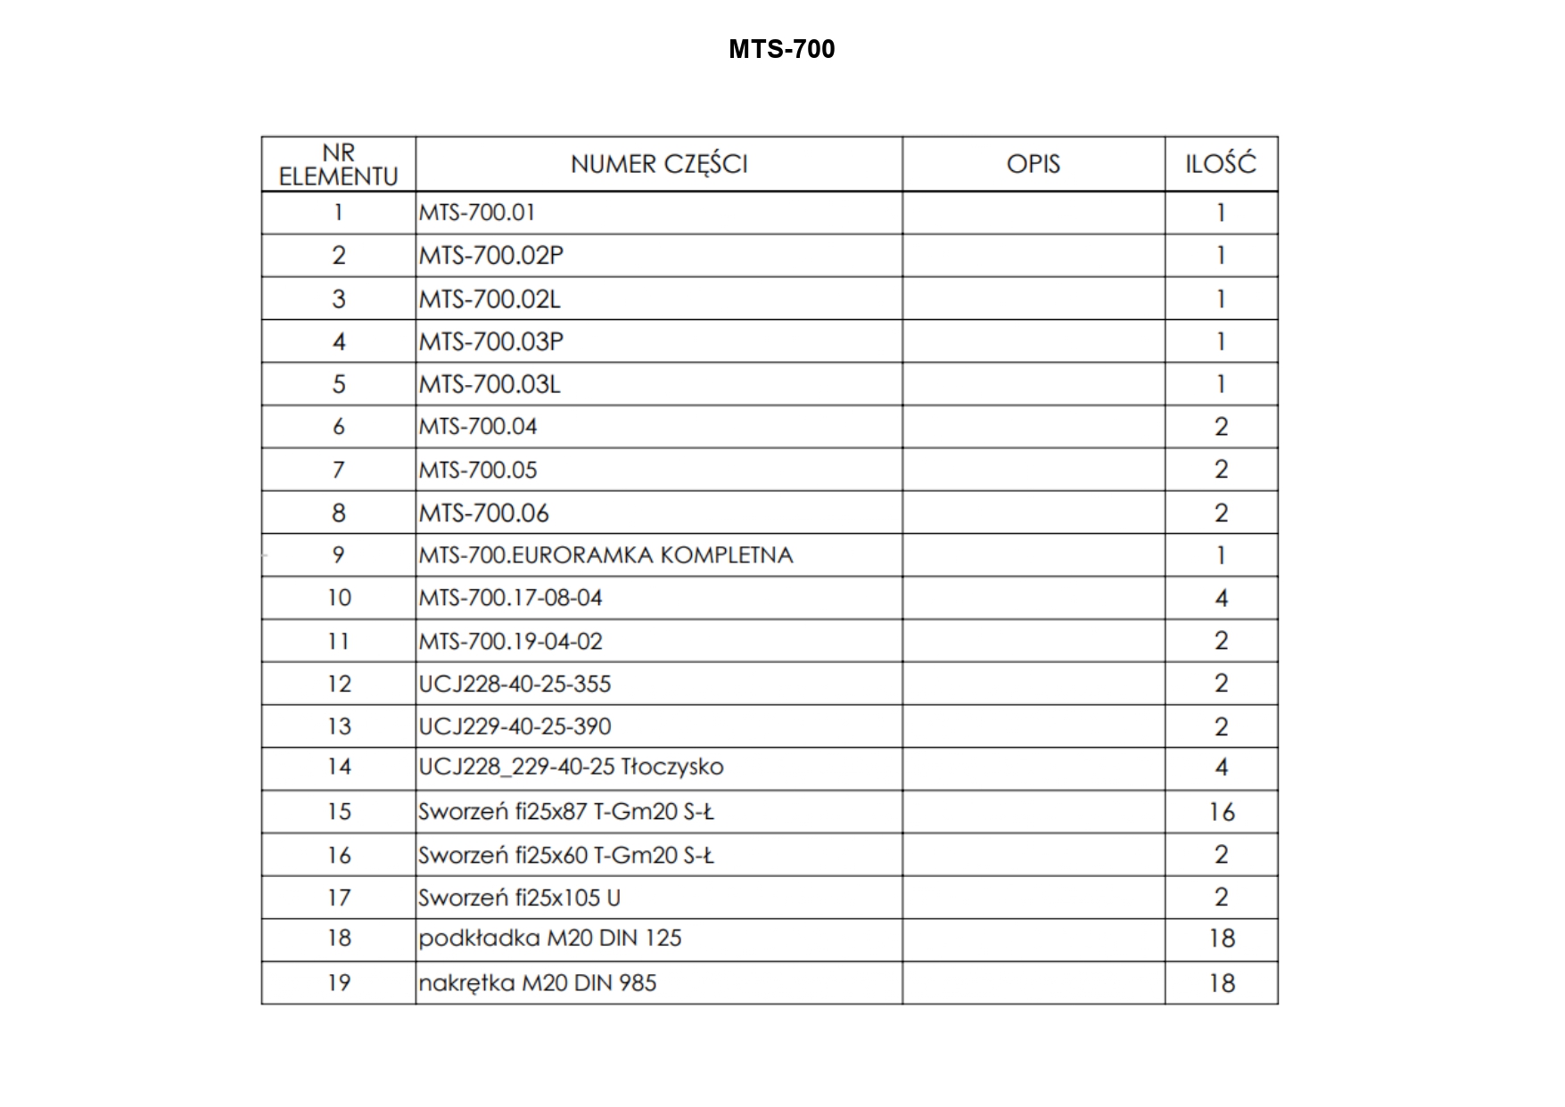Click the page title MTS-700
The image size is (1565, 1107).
pos(781,48)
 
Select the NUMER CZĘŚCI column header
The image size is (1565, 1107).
pos(659,164)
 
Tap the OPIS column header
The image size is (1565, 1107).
pos(1033,164)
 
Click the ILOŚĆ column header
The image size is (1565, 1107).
pos(1220,164)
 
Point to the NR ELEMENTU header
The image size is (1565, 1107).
pos(338,165)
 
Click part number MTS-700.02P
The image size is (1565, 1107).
pos(491,256)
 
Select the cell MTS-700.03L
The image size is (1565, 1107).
pos(490,384)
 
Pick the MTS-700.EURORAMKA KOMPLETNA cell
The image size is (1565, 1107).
pos(605,555)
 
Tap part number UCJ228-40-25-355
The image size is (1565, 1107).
pos(515,684)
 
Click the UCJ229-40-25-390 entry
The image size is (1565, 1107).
pos(515,726)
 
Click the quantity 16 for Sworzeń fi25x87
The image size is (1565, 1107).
pos(1221,812)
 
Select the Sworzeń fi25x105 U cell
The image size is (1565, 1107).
pos(519,898)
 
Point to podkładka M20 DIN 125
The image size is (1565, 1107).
pos(549,939)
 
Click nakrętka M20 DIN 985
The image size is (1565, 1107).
pos(537,983)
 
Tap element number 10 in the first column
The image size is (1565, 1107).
pos(339,598)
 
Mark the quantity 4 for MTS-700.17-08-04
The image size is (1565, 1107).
pos(1221,598)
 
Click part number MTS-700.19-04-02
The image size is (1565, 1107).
pos(510,641)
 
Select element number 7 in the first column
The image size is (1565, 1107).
pos(339,470)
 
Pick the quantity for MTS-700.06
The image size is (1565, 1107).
pos(1221,513)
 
